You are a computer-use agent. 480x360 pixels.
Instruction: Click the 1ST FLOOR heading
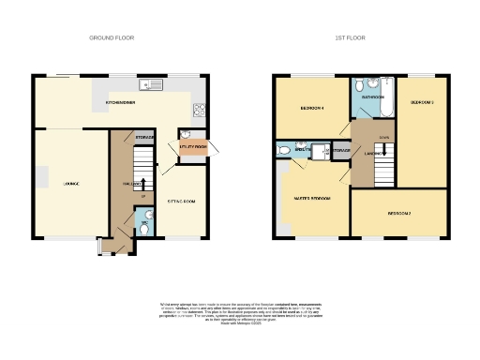[x=349, y=37]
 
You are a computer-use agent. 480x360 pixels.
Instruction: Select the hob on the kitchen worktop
[x=198, y=110]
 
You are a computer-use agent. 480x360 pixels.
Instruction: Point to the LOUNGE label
[x=71, y=183]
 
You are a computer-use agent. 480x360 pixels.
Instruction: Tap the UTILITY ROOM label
[x=193, y=147]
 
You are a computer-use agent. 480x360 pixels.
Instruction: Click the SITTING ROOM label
[x=181, y=201]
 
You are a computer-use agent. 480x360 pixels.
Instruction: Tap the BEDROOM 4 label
[x=311, y=108]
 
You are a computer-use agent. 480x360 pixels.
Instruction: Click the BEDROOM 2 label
[x=399, y=214]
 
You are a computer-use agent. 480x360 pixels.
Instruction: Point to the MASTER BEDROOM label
[x=312, y=198]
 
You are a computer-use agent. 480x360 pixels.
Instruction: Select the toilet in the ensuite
[x=284, y=149]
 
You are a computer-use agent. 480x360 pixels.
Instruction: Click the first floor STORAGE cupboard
[x=340, y=149]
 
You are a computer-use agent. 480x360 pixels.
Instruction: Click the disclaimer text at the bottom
[x=239, y=313]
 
